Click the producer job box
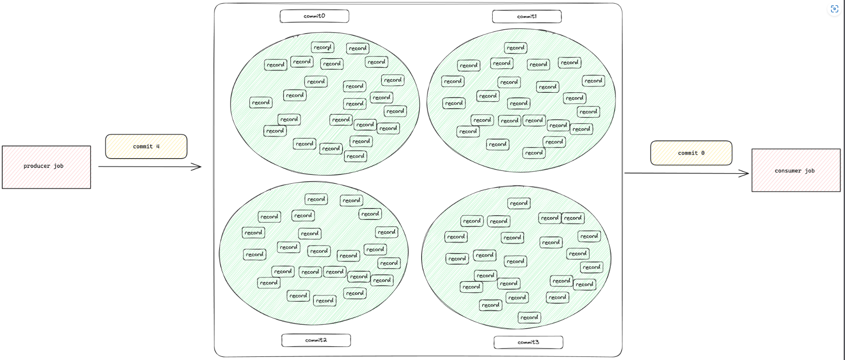coord(46,167)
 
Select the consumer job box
coord(796,171)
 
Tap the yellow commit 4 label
coord(146,147)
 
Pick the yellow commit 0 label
coord(691,153)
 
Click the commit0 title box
coord(314,16)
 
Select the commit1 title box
coord(527,17)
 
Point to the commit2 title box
coord(316,340)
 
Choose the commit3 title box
coord(528,342)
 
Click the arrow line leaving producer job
coord(146,167)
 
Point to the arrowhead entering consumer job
coord(745,174)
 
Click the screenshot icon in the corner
coord(834,9)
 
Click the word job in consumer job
coord(810,171)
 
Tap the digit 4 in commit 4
coord(158,147)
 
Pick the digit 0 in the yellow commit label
coord(703,153)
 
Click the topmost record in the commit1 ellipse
coord(515,48)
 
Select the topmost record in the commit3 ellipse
coord(519,203)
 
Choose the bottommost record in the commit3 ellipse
coord(529,318)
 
